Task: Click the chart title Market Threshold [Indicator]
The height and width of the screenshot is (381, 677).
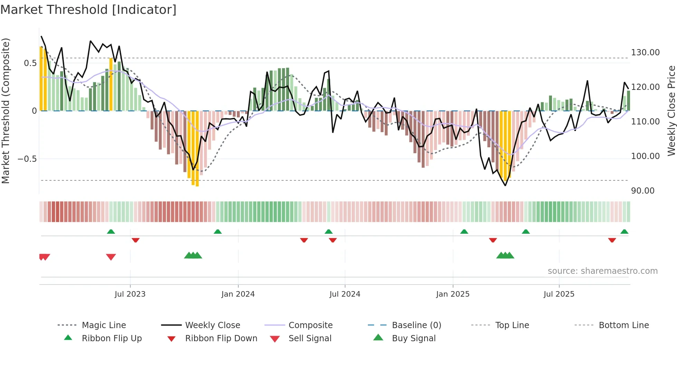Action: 88,10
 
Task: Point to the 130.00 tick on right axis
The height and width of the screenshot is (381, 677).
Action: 645,53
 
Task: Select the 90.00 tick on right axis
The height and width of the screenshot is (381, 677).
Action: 642,191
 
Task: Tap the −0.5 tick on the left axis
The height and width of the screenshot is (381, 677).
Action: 27,159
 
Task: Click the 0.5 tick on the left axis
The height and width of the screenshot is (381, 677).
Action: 30,63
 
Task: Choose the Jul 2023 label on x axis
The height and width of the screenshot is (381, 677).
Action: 130,294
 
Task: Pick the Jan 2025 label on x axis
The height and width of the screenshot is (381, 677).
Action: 452,294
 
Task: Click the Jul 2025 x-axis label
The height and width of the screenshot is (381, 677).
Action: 559,294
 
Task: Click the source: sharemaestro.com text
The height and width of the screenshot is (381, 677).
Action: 602,271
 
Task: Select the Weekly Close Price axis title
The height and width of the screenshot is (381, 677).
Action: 671,111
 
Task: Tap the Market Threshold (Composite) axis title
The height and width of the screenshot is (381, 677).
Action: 6,111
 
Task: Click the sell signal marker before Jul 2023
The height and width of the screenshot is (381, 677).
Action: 111,257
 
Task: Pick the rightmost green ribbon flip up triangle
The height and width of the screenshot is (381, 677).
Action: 624,232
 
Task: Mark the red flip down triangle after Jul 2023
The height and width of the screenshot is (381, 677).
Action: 135,240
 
